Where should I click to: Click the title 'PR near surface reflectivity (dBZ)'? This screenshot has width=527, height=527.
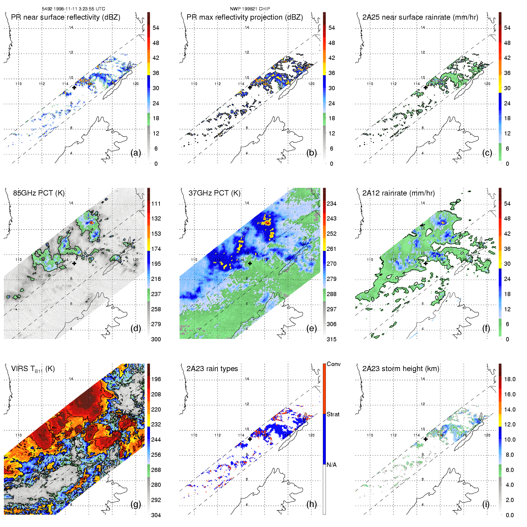coord(65,17)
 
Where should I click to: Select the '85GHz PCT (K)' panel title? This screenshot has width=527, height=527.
coord(39,193)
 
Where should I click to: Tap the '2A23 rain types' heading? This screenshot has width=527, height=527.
coord(212,369)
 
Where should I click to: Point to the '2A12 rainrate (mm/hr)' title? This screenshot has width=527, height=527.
coord(398,193)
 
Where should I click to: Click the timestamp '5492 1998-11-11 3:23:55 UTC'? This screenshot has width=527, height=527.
coord(73,9)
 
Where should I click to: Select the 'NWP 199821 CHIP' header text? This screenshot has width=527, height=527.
coord(250,9)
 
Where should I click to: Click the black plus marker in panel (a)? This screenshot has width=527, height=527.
coord(74,87)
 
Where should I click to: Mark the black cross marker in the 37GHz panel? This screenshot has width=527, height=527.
coord(250,263)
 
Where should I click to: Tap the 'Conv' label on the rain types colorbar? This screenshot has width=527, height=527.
coord(334,364)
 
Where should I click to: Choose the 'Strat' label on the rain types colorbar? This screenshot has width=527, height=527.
coord(333,415)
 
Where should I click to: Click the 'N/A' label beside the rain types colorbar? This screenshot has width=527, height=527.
coord(331,465)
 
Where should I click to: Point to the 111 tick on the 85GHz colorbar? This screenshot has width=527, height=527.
coord(156,204)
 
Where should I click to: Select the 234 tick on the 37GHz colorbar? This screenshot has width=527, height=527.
coord(331,204)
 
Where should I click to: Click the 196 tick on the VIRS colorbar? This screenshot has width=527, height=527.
coord(156,379)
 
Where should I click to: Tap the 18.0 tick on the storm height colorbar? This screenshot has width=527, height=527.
coord(510,379)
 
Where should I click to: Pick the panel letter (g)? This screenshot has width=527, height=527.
coord(136,504)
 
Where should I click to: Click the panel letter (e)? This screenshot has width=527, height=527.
coord(312,329)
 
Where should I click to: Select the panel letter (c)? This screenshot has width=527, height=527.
coord(487,153)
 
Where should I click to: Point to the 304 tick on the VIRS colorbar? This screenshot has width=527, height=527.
coord(156,515)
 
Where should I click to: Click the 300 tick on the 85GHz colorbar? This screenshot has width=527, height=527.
coord(156,340)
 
